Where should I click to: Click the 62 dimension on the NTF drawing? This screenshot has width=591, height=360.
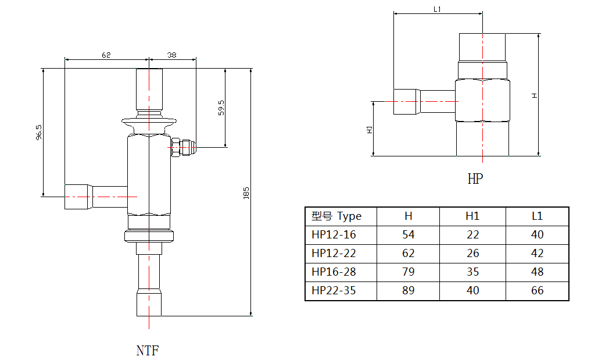[x=106, y=55]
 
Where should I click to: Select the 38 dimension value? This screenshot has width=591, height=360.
[x=172, y=55]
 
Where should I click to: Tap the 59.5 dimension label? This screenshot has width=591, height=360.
[x=221, y=108]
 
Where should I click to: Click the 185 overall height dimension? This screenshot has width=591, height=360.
[x=246, y=194]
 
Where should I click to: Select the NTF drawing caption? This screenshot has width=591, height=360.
[x=148, y=351]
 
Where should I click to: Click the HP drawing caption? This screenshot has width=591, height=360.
[x=475, y=179]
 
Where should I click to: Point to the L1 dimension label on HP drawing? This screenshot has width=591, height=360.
[x=438, y=9]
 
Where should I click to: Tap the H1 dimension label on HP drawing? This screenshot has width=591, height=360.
[x=369, y=129]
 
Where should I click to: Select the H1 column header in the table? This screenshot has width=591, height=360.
[x=472, y=216]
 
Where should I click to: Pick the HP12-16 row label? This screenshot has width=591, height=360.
[x=334, y=235]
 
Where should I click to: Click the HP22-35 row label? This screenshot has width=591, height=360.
[x=334, y=291]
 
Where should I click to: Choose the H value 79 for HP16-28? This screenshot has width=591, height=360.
[x=408, y=272]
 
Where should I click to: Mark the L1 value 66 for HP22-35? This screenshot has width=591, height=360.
[x=537, y=291]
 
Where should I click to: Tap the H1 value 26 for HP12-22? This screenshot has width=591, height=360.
[x=472, y=254]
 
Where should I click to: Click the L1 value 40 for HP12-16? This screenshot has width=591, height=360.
[x=537, y=235]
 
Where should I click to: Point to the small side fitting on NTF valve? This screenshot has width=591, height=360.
[x=184, y=148]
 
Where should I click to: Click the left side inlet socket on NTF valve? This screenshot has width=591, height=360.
[x=78, y=196]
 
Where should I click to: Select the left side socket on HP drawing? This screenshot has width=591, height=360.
[x=406, y=101]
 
